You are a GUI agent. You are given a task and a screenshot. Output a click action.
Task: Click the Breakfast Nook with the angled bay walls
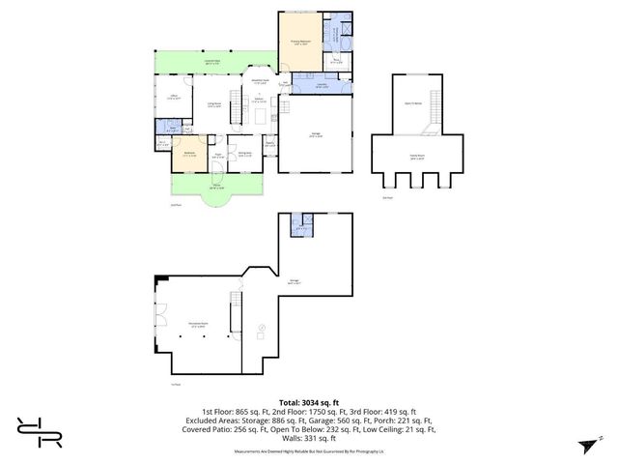259,82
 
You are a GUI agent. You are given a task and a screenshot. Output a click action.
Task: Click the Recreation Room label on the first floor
197,326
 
